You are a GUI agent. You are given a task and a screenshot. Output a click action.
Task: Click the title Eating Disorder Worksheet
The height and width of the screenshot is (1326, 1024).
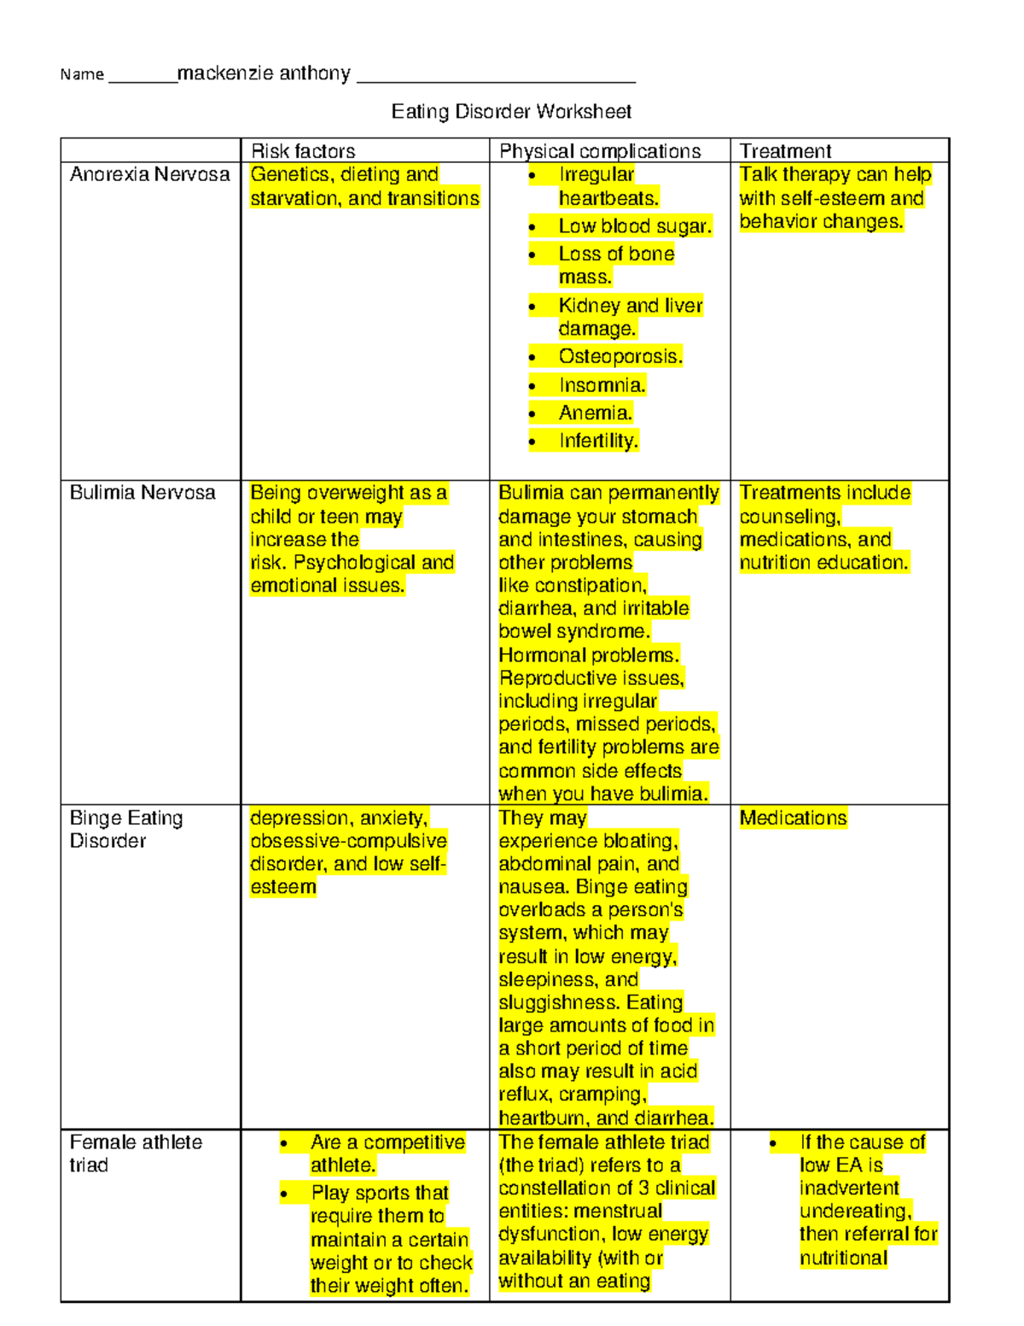click(x=511, y=112)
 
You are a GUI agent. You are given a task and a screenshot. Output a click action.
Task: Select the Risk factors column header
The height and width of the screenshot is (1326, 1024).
click(x=303, y=151)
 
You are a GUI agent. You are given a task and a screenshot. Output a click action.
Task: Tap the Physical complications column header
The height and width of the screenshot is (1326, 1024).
click(x=600, y=151)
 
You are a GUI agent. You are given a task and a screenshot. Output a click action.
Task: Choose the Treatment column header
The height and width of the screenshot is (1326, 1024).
click(x=785, y=151)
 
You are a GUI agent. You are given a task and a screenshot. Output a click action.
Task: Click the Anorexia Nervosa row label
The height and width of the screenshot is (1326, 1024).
click(x=149, y=174)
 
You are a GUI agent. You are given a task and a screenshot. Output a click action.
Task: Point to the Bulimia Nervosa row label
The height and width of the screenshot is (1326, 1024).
click(x=143, y=493)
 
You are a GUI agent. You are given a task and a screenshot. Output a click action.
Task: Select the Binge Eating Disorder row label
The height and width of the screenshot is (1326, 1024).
click(x=125, y=829)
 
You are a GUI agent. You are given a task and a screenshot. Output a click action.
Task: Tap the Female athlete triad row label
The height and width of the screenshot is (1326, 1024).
click(x=135, y=1154)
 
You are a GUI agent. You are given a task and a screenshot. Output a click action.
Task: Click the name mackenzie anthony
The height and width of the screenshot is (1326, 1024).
click(x=264, y=73)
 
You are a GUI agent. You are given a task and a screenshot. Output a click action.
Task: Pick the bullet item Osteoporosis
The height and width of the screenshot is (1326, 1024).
click(x=620, y=356)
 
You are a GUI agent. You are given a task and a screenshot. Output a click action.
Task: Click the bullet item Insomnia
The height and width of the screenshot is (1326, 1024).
click(x=602, y=385)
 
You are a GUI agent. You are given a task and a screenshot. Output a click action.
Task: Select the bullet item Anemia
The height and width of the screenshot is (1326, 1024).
click(x=596, y=413)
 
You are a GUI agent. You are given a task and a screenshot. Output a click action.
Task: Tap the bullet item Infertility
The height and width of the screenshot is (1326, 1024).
click(x=598, y=441)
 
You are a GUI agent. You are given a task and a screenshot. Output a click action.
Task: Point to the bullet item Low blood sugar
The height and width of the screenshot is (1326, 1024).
click(x=635, y=226)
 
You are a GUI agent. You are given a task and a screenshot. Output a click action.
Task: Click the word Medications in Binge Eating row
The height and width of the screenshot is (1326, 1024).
click(x=793, y=818)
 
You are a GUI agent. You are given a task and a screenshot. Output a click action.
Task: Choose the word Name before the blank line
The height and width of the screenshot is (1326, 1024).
click(x=82, y=75)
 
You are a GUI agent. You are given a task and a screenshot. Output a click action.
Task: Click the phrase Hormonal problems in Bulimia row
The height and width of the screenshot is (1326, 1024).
click(x=589, y=655)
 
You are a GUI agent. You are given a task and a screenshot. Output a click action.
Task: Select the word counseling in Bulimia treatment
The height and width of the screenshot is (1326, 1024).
click(x=789, y=517)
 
